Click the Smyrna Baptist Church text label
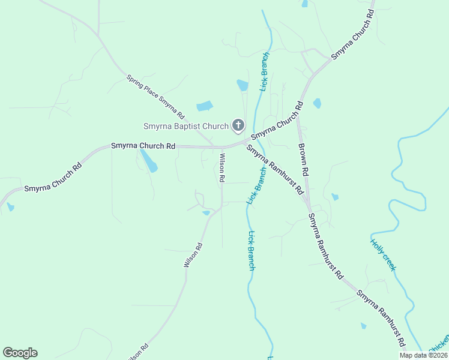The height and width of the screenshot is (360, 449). coord(186,126)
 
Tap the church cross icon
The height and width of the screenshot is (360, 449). coord(238,125)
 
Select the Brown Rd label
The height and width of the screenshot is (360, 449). coord(303,159)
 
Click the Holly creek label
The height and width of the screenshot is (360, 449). coord(383,255)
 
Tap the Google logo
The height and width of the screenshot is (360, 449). coord(20,353)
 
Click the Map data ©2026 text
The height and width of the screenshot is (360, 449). coord(423,355)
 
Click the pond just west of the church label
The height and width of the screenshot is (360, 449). coord(205,106)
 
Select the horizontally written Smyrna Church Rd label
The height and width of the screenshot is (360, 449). coord(143,146)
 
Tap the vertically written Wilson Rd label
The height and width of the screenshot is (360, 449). coord(221,168)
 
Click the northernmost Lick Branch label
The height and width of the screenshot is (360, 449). coord(264,71)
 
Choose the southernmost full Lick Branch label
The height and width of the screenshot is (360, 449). coord(252,251)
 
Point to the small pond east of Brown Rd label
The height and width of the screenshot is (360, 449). coord(334,197)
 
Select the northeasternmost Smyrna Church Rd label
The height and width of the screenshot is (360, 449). coord(353,34)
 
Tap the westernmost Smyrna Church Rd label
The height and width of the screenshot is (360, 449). coord(52,179)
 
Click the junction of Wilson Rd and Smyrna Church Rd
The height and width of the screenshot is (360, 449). coord(222,147)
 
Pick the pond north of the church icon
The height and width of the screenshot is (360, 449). coord(243,85)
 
